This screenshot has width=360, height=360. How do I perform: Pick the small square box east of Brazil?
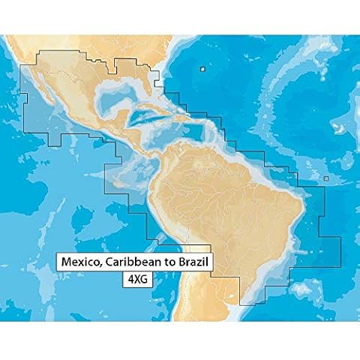pyautogui.click(x=326, y=178)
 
